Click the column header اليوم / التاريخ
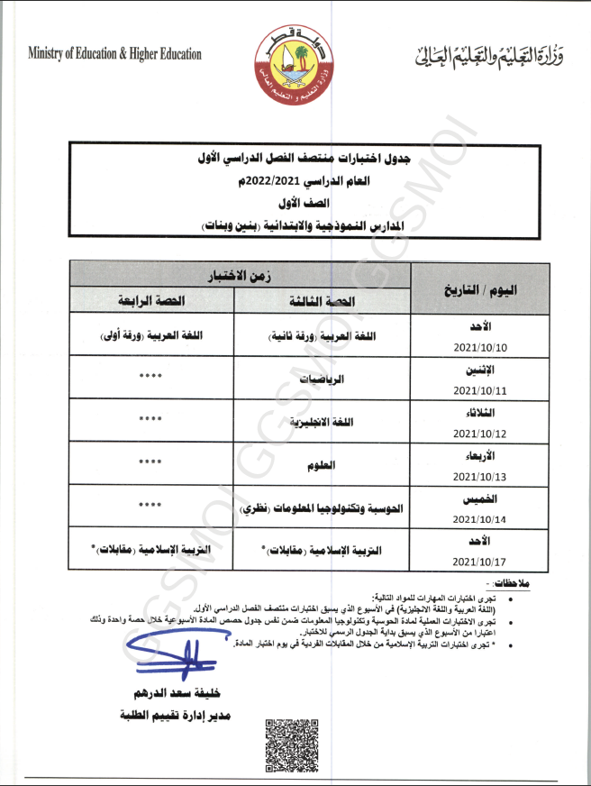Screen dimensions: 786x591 [x=481, y=288]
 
